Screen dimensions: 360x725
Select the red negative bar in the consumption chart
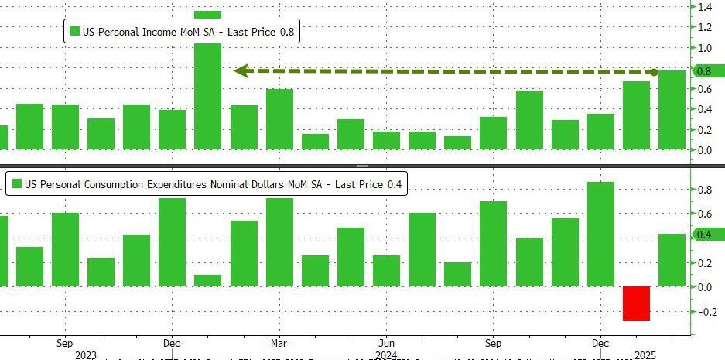click(x=637, y=303)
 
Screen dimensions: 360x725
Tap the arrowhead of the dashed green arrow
click(x=241, y=71)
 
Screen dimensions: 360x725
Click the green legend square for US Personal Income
click(x=75, y=32)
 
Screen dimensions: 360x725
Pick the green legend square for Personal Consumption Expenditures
click(x=16, y=184)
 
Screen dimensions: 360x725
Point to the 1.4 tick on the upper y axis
click(x=705, y=7)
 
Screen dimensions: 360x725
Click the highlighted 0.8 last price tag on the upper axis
click(x=705, y=71)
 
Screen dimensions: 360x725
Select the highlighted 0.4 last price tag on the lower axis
click(x=705, y=235)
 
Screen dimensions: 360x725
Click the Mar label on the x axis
click(x=279, y=342)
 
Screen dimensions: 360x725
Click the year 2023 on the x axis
click(x=86, y=355)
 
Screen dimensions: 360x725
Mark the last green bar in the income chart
click(x=672, y=110)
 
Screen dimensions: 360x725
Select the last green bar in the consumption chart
click(x=672, y=260)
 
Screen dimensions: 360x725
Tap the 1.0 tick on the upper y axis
click(x=705, y=48)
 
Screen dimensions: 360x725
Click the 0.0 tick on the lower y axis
click(x=705, y=287)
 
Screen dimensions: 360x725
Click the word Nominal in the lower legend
click(x=237, y=184)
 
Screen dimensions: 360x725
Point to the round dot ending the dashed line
click(x=655, y=72)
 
